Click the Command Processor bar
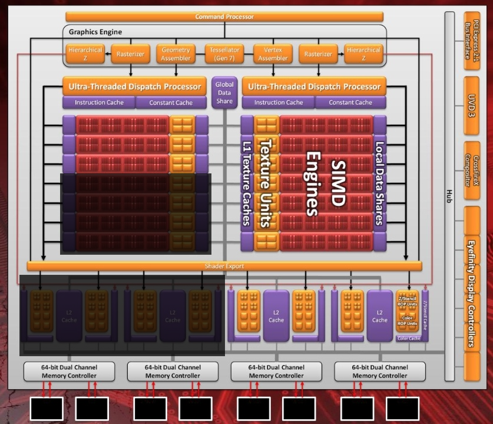[x=226, y=17]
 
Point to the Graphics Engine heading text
[x=95, y=32]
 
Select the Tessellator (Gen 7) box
[x=225, y=54]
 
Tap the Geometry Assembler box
[x=176, y=54]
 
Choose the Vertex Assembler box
[x=273, y=54]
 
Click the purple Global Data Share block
[x=224, y=93]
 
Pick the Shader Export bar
[x=224, y=266]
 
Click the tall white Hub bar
[x=451, y=195]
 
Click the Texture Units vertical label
[x=266, y=183]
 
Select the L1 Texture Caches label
[x=247, y=183]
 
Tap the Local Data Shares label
[x=379, y=183]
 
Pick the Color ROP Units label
[x=408, y=324]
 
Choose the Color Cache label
[x=409, y=338]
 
